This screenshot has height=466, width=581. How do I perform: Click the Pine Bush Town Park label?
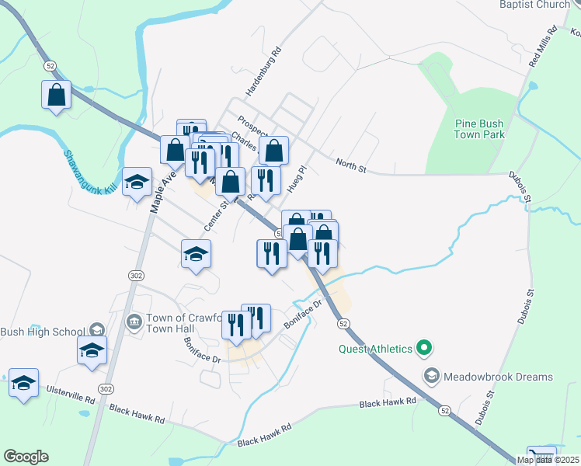480,129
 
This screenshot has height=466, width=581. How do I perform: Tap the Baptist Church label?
535,5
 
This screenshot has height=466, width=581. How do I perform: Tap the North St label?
350,163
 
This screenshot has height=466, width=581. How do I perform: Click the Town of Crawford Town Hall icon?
134,320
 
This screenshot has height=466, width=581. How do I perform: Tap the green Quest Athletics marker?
423,348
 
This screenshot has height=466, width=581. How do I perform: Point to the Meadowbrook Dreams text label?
498,377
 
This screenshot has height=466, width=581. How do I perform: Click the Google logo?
26,457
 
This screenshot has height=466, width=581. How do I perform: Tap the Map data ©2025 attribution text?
548,460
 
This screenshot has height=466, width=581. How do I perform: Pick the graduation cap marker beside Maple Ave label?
137,182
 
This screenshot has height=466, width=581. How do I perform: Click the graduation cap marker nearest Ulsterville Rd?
23,382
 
